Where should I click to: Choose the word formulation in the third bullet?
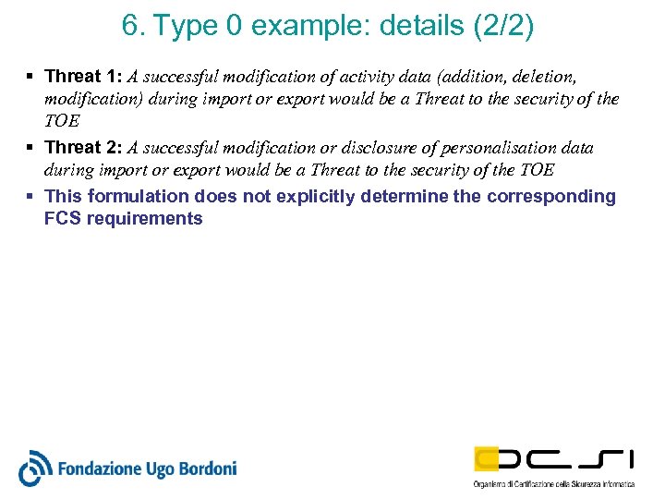point(139,196)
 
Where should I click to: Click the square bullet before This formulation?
point(30,196)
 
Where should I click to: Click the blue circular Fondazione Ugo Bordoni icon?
point(36,468)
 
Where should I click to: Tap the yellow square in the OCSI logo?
point(487,458)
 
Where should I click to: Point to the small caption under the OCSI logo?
point(554,484)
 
